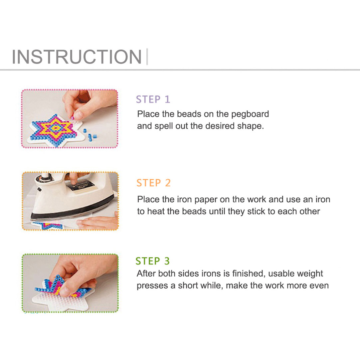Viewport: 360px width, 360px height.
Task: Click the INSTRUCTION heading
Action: tap(77, 57)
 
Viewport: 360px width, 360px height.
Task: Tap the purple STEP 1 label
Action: tap(153, 99)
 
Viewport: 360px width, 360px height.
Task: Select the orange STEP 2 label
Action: tap(153, 183)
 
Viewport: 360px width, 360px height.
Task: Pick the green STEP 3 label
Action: tap(152, 261)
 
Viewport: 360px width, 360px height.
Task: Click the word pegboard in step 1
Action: tap(250, 114)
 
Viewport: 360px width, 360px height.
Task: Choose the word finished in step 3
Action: tap(249, 273)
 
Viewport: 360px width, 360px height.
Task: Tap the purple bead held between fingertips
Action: tap(72, 118)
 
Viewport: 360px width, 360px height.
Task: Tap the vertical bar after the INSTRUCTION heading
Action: tap(147, 57)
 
